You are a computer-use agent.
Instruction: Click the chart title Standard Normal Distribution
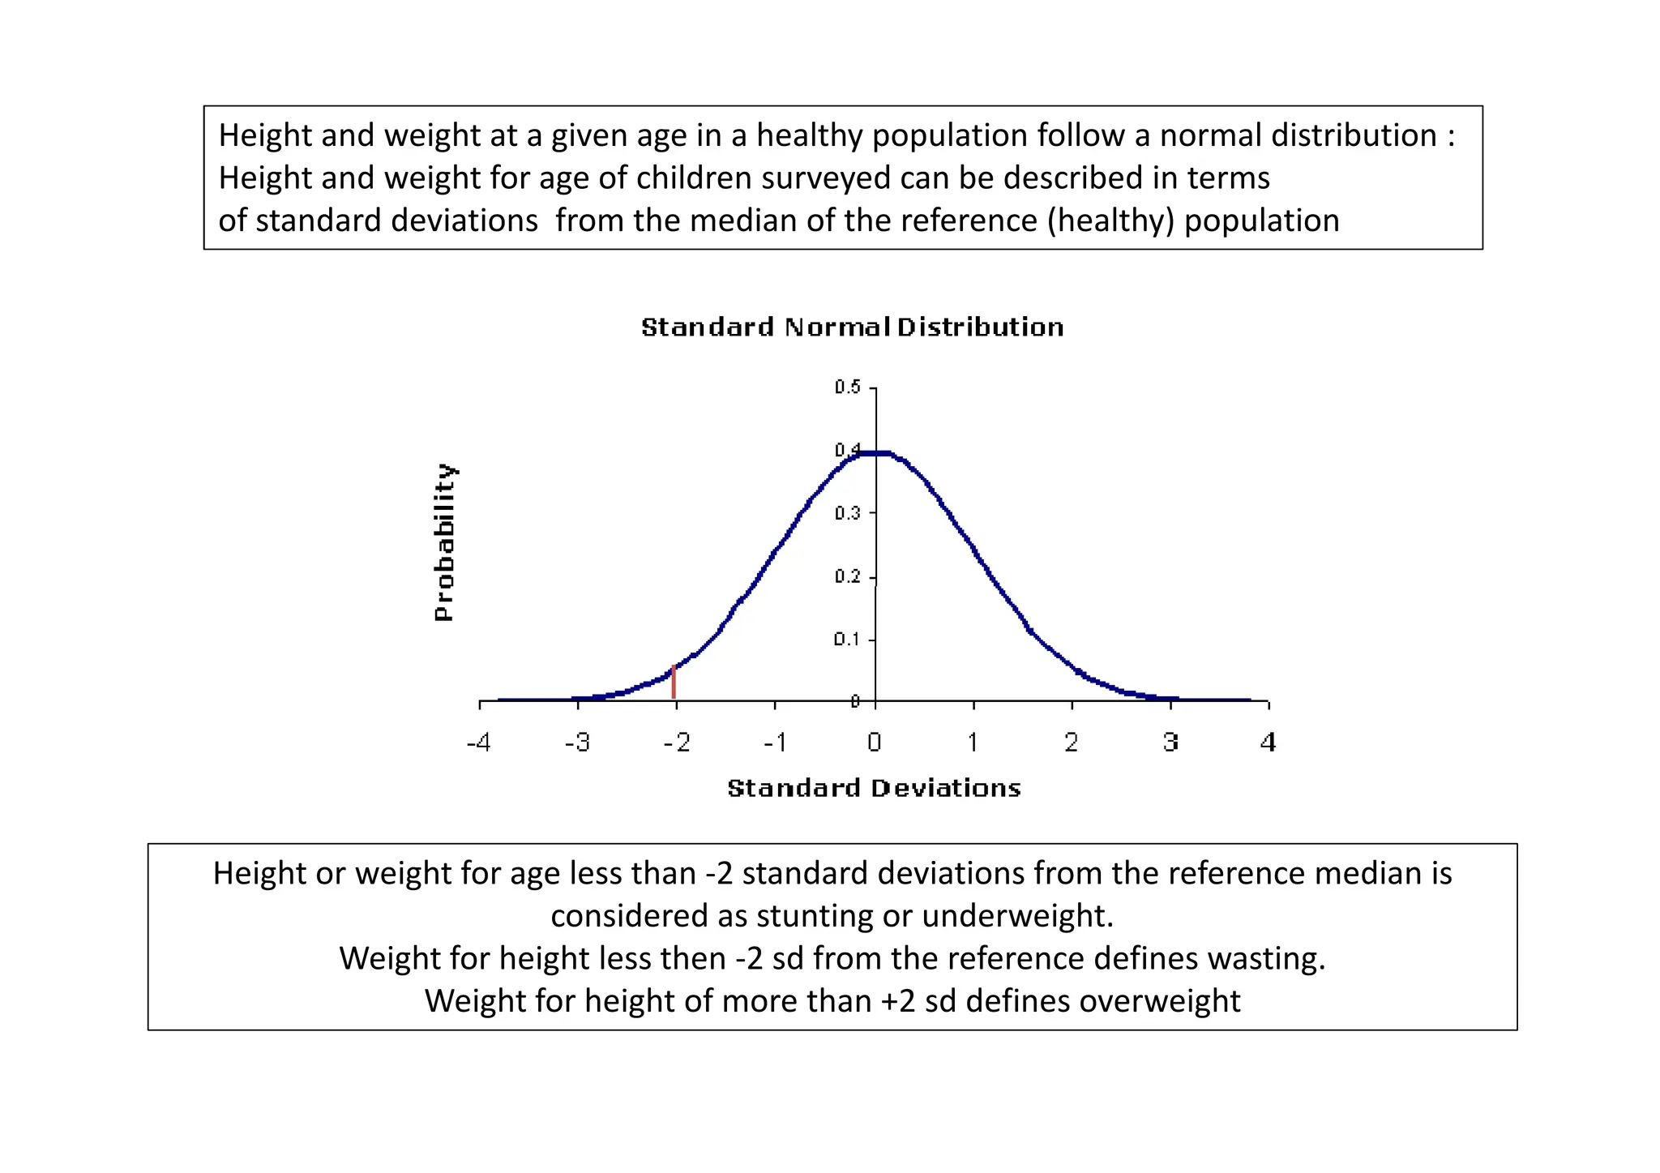pyautogui.click(x=852, y=327)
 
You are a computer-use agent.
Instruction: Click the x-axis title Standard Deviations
pyautogui.click(x=874, y=788)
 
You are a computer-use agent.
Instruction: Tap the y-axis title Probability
pyautogui.click(x=444, y=542)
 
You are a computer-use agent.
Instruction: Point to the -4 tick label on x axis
pyautogui.click(x=478, y=743)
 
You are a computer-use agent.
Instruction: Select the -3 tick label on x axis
pyautogui.click(x=577, y=743)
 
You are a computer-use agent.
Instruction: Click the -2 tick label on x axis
pyautogui.click(x=676, y=743)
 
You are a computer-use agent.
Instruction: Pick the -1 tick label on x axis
pyautogui.click(x=775, y=743)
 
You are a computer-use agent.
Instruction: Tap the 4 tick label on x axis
pyautogui.click(x=1269, y=743)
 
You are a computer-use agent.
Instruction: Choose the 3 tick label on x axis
pyautogui.click(x=1170, y=743)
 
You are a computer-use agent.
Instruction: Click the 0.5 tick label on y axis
pyautogui.click(x=848, y=387)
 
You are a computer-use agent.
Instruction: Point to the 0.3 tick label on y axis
pyautogui.click(x=848, y=513)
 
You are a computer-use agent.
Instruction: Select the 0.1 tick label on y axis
pyautogui.click(x=848, y=640)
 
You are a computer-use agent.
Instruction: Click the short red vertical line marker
pyautogui.click(x=674, y=683)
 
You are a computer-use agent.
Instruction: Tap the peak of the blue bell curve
pyautogui.click(x=875, y=453)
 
